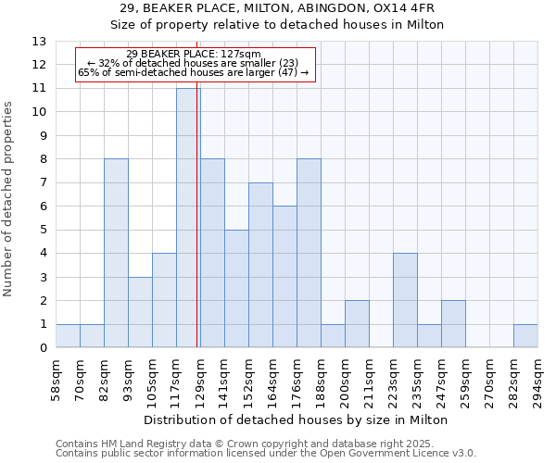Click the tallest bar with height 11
[x=187, y=218]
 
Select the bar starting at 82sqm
[x=116, y=253]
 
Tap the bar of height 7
[x=260, y=265]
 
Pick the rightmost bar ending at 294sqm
[x=525, y=336]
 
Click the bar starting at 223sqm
[x=405, y=300]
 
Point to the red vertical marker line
[x=197, y=231]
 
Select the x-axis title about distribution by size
[x=296, y=419]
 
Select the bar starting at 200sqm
[x=357, y=324]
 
